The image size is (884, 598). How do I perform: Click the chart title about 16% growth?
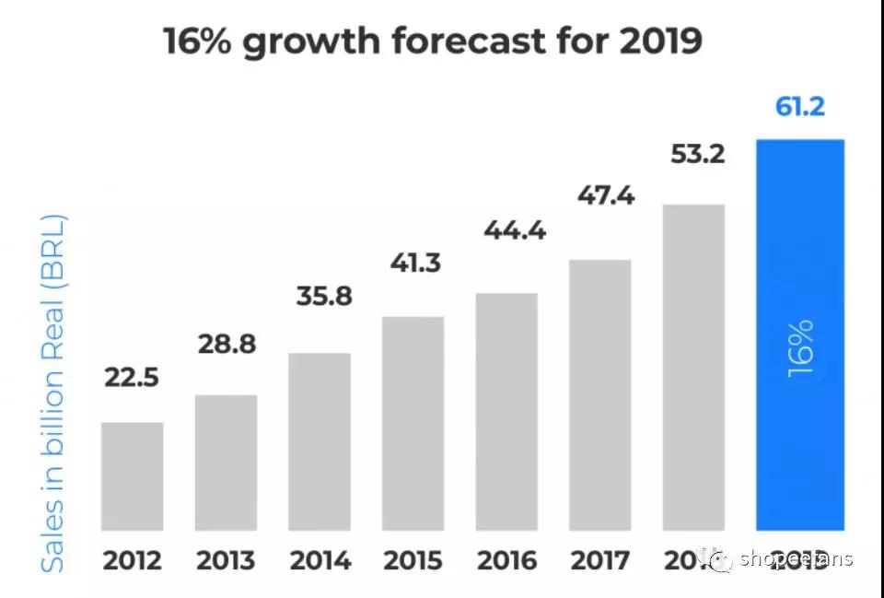[433, 41]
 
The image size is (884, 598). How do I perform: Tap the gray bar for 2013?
[226, 463]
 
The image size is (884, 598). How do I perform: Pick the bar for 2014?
[320, 441]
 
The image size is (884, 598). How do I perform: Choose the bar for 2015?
[413, 423]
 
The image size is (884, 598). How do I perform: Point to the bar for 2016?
[506, 411]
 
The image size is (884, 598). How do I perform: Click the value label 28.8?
[227, 345]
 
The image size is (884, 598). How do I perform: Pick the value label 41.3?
[415, 263]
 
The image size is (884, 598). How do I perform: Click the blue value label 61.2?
[799, 107]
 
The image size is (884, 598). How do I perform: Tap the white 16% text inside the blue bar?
[800, 347]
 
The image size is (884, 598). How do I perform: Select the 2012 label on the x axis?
[132, 560]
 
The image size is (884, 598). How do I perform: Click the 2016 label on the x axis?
[506, 560]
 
